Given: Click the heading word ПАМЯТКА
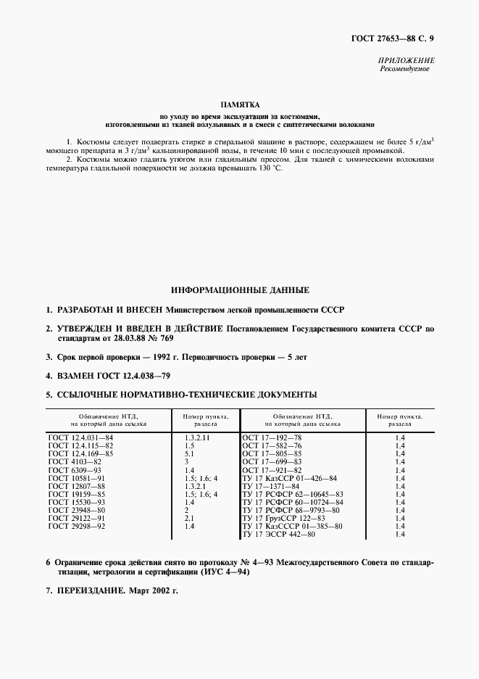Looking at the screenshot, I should [239, 105].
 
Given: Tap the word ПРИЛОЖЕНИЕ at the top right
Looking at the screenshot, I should [407, 60].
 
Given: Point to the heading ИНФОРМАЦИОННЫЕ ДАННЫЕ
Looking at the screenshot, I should [239, 290].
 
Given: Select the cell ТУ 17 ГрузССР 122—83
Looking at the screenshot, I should [287, 519].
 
